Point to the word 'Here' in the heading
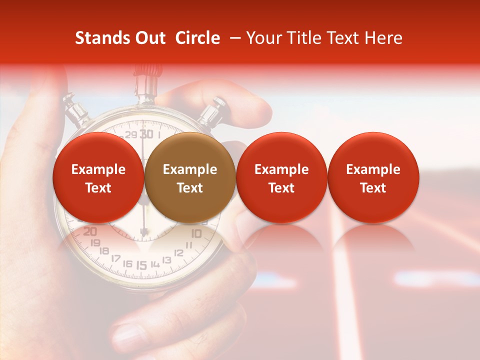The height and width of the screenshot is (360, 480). (384, 38)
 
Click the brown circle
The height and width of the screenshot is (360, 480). (190, 177)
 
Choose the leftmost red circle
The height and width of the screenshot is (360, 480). (98, 177)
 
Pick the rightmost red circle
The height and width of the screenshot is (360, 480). (373, 177)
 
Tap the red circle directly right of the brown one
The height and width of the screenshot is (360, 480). (281, 177)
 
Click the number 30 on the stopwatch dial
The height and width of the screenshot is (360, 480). (146, 133)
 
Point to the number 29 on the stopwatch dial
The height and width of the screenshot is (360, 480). (131, 135)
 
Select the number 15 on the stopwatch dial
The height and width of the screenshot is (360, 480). (142, 265)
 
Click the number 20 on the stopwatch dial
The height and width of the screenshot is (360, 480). (90, 231)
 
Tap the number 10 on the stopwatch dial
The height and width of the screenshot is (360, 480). (196, 233)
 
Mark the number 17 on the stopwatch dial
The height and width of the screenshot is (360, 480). (115, 258)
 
